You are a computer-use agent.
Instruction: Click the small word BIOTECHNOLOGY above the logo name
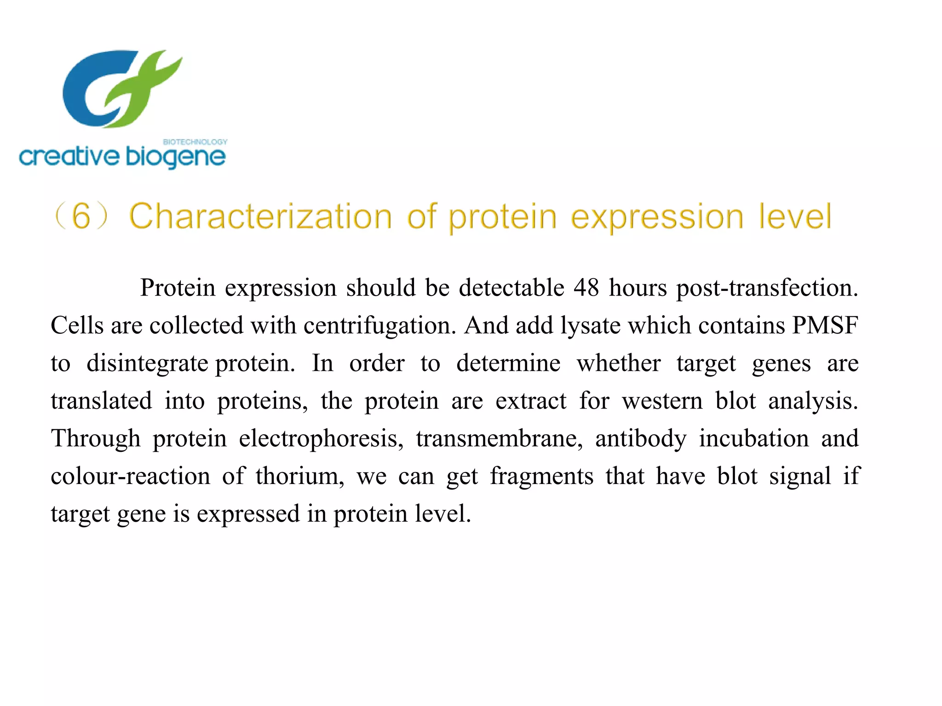(195, 142)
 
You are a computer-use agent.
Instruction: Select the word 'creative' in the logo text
(69, 157)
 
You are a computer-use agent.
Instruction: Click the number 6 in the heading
(81, 216)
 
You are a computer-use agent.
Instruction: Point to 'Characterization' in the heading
(260, 216)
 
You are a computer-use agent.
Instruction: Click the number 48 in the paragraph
(586, 288)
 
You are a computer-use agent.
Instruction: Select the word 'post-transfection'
(766, 288)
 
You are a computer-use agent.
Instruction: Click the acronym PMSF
(825, 326)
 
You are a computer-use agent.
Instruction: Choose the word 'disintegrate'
(147, 364)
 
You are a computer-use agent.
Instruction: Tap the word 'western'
(662, 401)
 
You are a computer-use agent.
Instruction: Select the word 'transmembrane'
(500, 439)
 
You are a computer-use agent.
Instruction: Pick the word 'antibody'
(641, 439)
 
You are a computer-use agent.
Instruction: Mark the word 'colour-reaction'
(130, 477)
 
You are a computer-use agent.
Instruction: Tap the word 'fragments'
(541, 477)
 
